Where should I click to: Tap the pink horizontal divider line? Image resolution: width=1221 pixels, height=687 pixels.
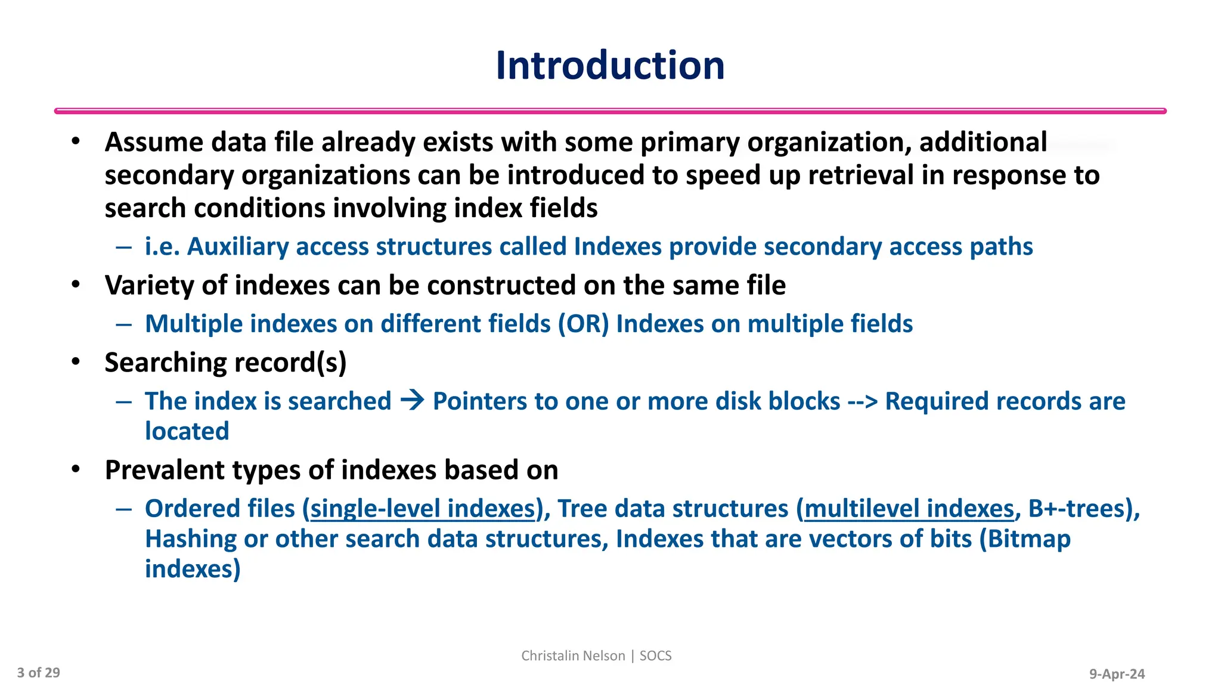tap(610, 111)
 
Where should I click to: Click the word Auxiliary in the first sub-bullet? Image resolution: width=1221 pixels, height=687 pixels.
tap(238, 246)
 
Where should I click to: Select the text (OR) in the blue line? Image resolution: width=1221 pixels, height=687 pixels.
tap(583, 324)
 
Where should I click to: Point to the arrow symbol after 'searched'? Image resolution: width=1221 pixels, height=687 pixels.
tap(412, 400)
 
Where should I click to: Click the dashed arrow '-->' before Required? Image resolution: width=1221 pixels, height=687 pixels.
tap(862, 401)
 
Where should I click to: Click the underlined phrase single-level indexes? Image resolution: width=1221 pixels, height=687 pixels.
tap(423, 509)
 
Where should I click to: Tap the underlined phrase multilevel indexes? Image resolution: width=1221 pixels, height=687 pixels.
tap(909, 509)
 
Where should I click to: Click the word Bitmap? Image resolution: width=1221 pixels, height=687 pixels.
tap(1029, 539)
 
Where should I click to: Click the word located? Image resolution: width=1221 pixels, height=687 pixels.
tap(187, 431)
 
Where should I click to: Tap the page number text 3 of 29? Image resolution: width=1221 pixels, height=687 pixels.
tap(39, 673)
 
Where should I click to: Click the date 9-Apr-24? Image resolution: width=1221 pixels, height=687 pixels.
tap(1117, 674)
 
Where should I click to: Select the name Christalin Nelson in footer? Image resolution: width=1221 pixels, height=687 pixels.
tap(573, 656)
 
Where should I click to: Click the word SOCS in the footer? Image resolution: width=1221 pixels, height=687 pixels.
tap(655, 656)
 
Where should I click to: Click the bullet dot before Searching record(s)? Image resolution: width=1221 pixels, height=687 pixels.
tap(75, 362)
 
